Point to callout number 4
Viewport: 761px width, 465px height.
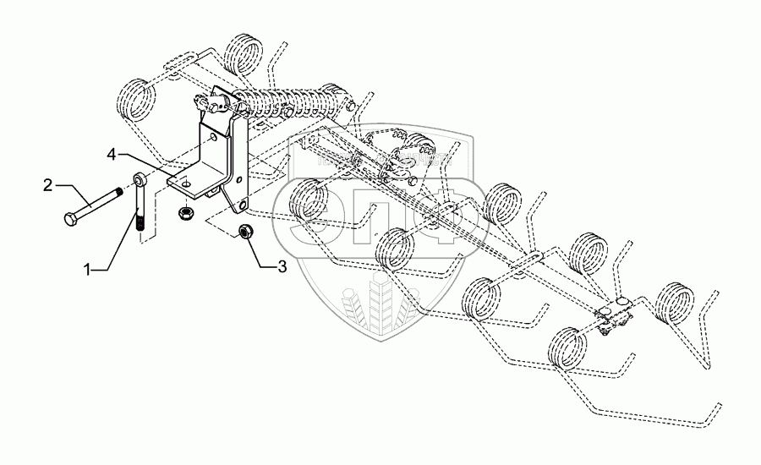pyautogui.click(x=112, y=154)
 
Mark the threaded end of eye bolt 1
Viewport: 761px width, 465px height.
pyautogui.click(x=140, y=224)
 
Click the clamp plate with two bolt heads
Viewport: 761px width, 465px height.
pyautogui.click(x=617, y=314)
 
